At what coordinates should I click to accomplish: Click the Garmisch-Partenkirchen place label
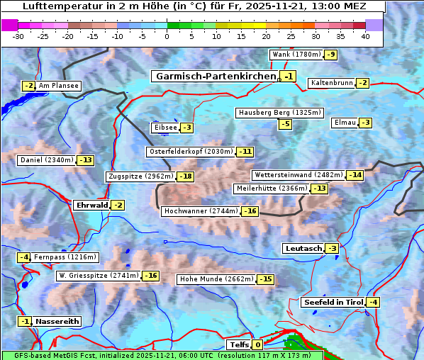coord(215,76)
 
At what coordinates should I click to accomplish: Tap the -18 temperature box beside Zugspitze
coord(185,176)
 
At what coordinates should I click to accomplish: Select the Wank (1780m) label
coord(296,55)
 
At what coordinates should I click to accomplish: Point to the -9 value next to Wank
coord(331,55)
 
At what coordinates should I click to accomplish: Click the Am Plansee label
coord(58,86)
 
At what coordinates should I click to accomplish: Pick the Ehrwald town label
coord(91,206)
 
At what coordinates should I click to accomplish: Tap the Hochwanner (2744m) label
coord(201,211)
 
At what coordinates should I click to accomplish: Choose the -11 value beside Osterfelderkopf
coord(245,152)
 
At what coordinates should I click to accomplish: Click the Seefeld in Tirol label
coord(333,303)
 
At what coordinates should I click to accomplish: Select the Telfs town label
coord(238,345)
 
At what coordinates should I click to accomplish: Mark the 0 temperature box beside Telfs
coord(257,345)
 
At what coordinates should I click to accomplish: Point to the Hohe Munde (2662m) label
coord(216,279)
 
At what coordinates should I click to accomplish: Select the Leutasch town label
coord(303,248)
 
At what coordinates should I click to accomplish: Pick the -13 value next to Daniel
coord(85,160)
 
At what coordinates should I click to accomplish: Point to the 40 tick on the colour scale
coord(365,35)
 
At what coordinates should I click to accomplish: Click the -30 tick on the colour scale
coord(18,35)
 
